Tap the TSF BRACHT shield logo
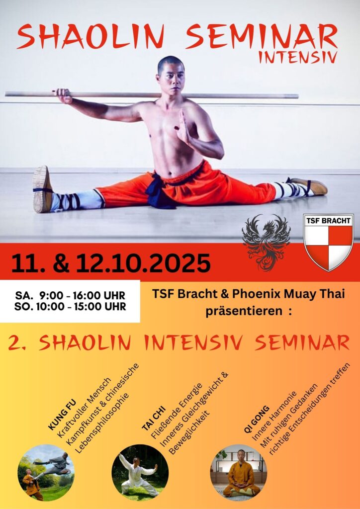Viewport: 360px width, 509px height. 328,242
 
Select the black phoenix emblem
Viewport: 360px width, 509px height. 266,242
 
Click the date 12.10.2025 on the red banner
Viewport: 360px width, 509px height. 144,263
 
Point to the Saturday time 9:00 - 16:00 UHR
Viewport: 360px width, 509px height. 82,296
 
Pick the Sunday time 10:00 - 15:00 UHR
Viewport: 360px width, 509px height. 82,307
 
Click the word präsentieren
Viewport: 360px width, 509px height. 244,312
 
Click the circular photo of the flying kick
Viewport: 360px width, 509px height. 46,473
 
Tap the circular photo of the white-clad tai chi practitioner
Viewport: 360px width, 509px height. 140,473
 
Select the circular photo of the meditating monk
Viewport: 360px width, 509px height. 239,473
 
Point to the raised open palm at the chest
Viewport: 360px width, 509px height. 183,127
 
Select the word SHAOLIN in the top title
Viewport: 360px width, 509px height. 91,36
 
